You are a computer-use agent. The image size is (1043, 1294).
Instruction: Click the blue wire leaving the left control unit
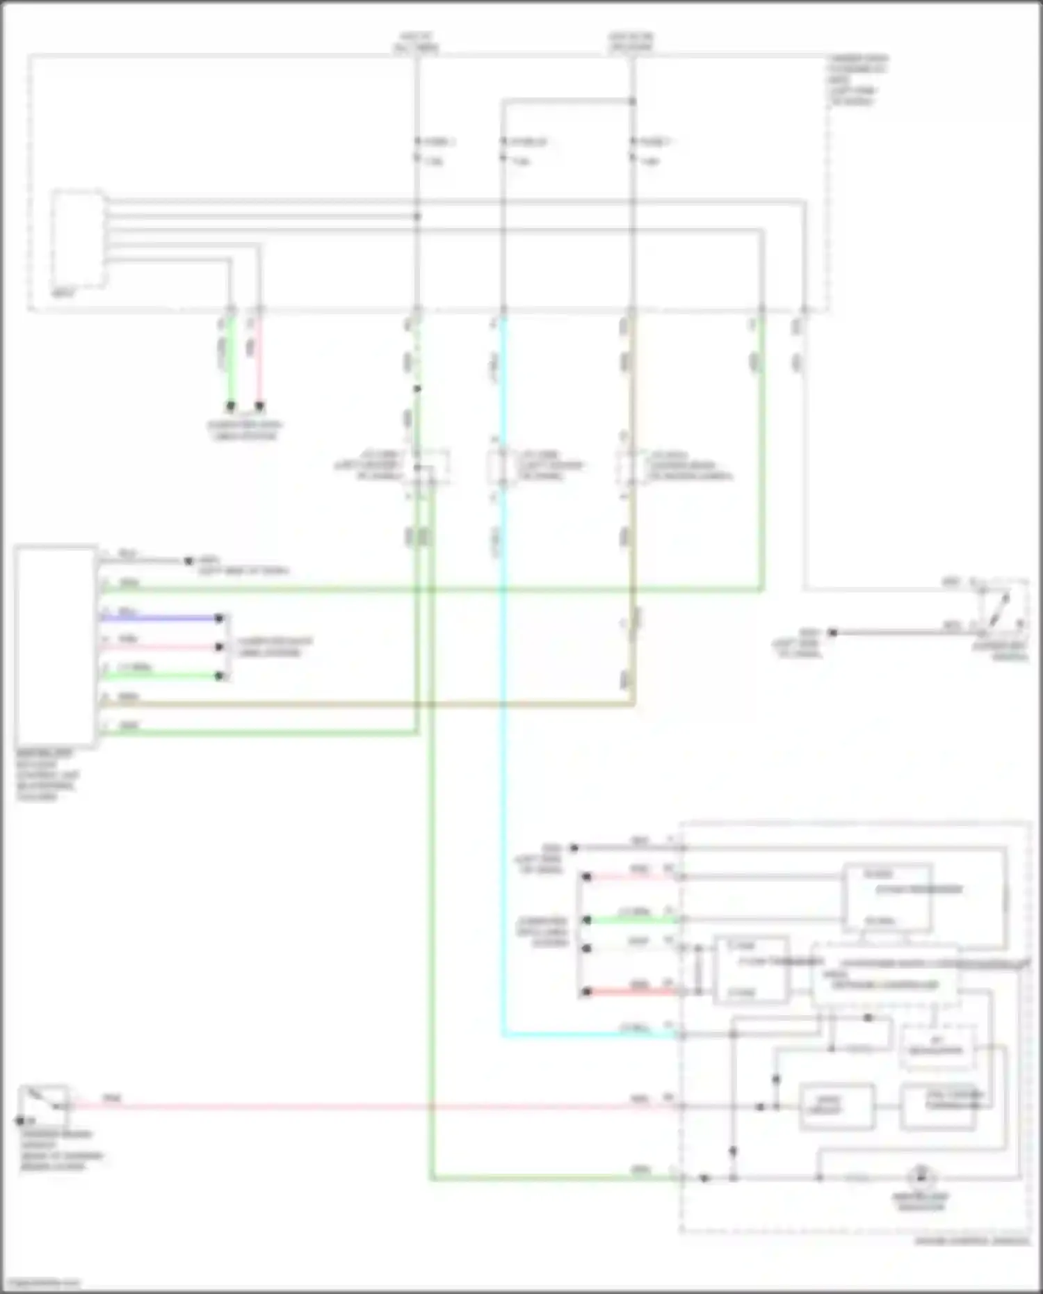coord(160,617)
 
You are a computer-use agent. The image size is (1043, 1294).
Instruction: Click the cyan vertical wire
coord(503,765)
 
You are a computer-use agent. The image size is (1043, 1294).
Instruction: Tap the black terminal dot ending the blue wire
coord(219,618)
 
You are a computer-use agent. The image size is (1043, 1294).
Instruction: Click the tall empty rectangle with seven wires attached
coord(56,647)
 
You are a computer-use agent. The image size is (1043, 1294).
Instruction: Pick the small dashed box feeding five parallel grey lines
coord(79,238)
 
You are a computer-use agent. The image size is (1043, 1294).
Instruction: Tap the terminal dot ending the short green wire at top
coord(230,406)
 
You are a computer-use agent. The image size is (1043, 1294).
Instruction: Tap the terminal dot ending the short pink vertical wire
coord(259,406)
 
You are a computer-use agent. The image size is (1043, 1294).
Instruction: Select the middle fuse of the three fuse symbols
coord(503,149)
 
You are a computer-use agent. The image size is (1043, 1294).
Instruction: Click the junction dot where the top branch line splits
coord(632,102)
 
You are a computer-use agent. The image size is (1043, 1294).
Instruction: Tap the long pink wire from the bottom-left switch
coord(348,1106)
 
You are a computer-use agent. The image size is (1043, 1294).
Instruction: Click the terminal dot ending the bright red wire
coord(586,992)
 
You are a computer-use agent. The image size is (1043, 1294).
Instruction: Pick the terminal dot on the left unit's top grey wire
coord(188,560)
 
